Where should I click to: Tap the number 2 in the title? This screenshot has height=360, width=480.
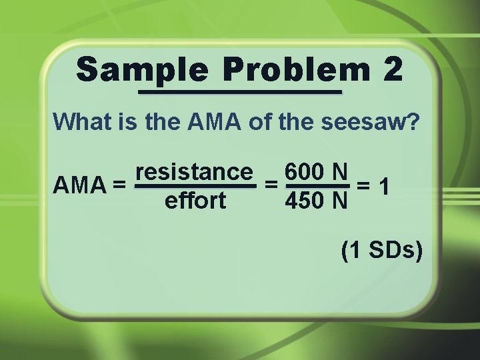click(x=392, y=70)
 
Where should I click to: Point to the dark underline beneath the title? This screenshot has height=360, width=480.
click(x=239, y=91)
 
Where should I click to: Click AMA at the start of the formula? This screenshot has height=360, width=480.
click(x=79, y=184)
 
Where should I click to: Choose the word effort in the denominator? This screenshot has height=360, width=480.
click(x=195, y=201)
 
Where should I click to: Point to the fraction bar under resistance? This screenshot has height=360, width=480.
click(x=195, y=187)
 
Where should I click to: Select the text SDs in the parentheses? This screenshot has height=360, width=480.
click(x=389, y=251)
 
